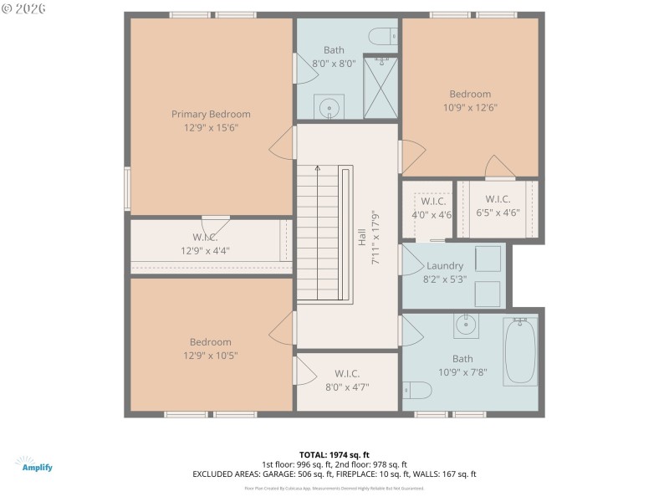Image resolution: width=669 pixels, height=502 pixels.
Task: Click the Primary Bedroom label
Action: click(x=211, y=114)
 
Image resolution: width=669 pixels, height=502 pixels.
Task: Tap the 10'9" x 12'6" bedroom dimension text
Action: click(x=470, y=107)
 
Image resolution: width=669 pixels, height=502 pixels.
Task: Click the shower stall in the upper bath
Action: click(x=380, y=86)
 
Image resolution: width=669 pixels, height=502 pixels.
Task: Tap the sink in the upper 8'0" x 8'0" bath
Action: click(x=329, y=107)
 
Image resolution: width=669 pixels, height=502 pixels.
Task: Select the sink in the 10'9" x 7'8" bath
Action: click(x=465, y=325)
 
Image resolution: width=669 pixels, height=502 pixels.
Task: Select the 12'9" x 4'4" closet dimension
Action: click(x=205, y=250)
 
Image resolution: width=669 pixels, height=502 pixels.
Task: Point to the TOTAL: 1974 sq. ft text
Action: click(x=334, y=454)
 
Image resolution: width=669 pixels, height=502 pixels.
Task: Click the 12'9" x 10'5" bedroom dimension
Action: click(x=210, y=355)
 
